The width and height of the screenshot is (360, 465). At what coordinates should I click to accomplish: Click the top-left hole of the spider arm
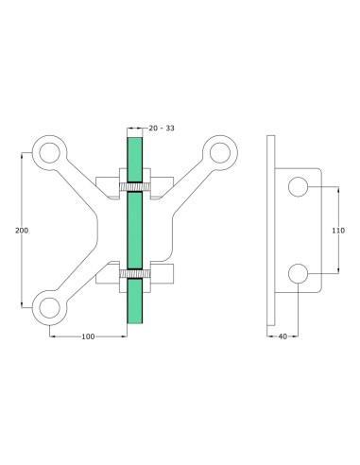[46, 150]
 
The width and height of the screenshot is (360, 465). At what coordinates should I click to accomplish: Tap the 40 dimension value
[283, 336]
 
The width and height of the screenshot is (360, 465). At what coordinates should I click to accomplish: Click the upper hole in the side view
[300, 186]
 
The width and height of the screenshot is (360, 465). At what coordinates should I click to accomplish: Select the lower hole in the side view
[300, 274]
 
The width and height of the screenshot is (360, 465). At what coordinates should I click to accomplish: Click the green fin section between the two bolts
[134, 230]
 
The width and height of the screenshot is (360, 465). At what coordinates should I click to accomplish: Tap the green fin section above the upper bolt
[134, 156]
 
